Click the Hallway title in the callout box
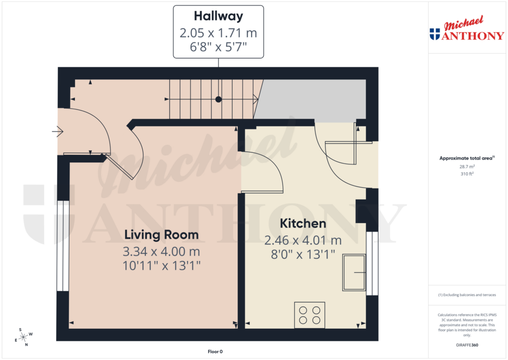click(218, 16)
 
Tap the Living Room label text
click(161, 234)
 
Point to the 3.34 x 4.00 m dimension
click(161, 250)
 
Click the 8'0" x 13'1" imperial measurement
click(303, 255)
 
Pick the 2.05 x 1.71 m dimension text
click(218, 33)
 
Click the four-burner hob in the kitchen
click(310, 315)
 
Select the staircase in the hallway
click(213, 99)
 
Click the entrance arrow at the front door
click(57, 132)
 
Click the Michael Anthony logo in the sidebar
click(466, 31)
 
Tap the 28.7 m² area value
click(466, 167)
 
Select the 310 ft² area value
click(466, 174)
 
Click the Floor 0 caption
click(215, 352)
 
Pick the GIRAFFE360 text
click(467, 345)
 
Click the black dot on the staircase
click(218, 99)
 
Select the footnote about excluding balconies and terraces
click(467, 295)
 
